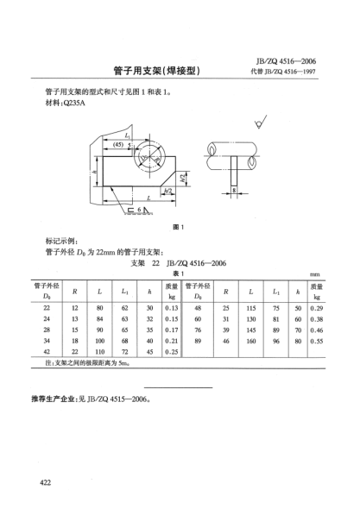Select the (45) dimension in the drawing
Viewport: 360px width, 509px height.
coord(117,145)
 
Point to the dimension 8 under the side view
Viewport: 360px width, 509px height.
coord(233,188)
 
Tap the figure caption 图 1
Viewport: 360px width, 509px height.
coord(180,227)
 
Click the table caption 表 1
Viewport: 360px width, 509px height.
coord(180,273)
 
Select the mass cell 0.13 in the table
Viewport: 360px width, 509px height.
coord(171,307)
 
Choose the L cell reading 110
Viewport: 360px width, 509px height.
coord(100,352)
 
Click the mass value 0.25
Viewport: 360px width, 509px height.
coord(171,352)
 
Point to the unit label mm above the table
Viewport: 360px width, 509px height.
coord(315,273)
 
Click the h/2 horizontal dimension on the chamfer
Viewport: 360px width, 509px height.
coord(167,190)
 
